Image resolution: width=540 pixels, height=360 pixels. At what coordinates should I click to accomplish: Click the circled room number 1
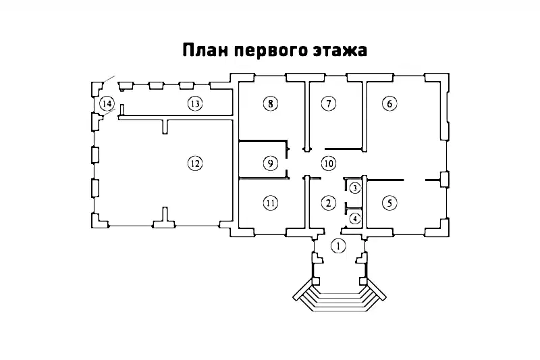(x=338, y=246)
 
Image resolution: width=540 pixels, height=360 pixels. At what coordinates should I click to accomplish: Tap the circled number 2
(x=328, y=202)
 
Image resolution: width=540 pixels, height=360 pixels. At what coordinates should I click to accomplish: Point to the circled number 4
(x=355, y=217)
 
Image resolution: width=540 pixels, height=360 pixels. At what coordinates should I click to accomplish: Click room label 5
(x=389, y=202)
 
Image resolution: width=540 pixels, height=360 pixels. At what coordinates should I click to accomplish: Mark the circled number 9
(x=269, y=163)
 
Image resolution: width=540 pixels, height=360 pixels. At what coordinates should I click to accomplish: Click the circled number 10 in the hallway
(x=328, y=163)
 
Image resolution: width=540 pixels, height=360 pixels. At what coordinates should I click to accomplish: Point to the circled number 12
(x=194, y=163)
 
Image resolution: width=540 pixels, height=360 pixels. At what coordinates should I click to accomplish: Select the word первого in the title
(x=270, y=51)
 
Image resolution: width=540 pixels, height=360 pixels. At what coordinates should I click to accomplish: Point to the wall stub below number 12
(x=165, y=216)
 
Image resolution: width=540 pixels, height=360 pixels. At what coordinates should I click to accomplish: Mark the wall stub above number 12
(x=164, y=126)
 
